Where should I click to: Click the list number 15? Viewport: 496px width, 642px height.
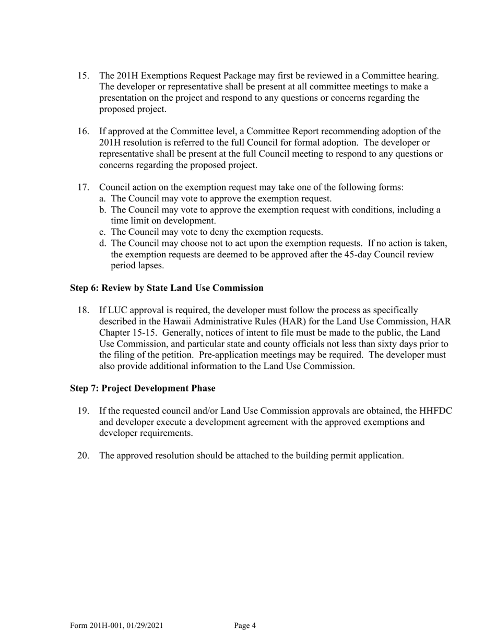(84, 76)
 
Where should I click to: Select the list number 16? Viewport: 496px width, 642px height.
(84, 132)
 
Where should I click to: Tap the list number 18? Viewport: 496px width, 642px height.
(84, 311)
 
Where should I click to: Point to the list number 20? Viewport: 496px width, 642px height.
(84, 456)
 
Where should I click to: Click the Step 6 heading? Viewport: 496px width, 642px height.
(167, 288)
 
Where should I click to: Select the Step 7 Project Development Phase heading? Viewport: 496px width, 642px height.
(143, 388)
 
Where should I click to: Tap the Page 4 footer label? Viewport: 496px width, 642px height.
(245, 626)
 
